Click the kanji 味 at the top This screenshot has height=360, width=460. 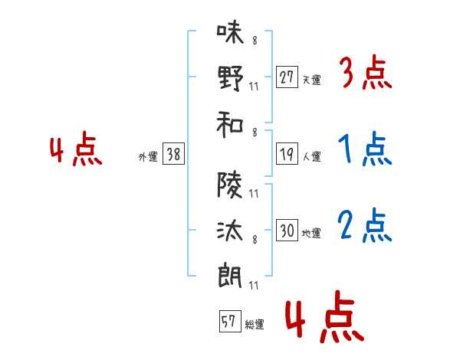(x=231, y=32)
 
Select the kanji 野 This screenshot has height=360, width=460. (x=231, y=78)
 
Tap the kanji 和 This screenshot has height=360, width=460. (x=230, y=124)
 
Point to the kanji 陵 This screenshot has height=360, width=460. (x=230, y=185)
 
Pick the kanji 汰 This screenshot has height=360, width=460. (x=230, y=231)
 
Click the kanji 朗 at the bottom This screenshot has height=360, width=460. (x=230, y=277)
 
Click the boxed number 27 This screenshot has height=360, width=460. (x=287, y=77)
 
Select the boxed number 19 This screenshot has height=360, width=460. (x=287, y=154)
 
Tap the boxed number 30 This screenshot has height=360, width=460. (x=287, y=230)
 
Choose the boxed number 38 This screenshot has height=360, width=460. (x=173, y=154)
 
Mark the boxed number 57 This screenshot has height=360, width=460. (x=230, y=321)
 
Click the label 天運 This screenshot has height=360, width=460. (x=311, y=80)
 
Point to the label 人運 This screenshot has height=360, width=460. (x=311, y=156)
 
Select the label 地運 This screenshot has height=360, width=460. (x=311, y=234)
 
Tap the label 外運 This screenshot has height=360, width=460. (x=148, y=156)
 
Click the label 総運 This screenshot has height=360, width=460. (x=255, y=324)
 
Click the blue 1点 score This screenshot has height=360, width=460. (x=365, y=149)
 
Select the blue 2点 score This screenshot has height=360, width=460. (x=365, y=225)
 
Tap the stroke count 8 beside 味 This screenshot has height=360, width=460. (x=255, y=41)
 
